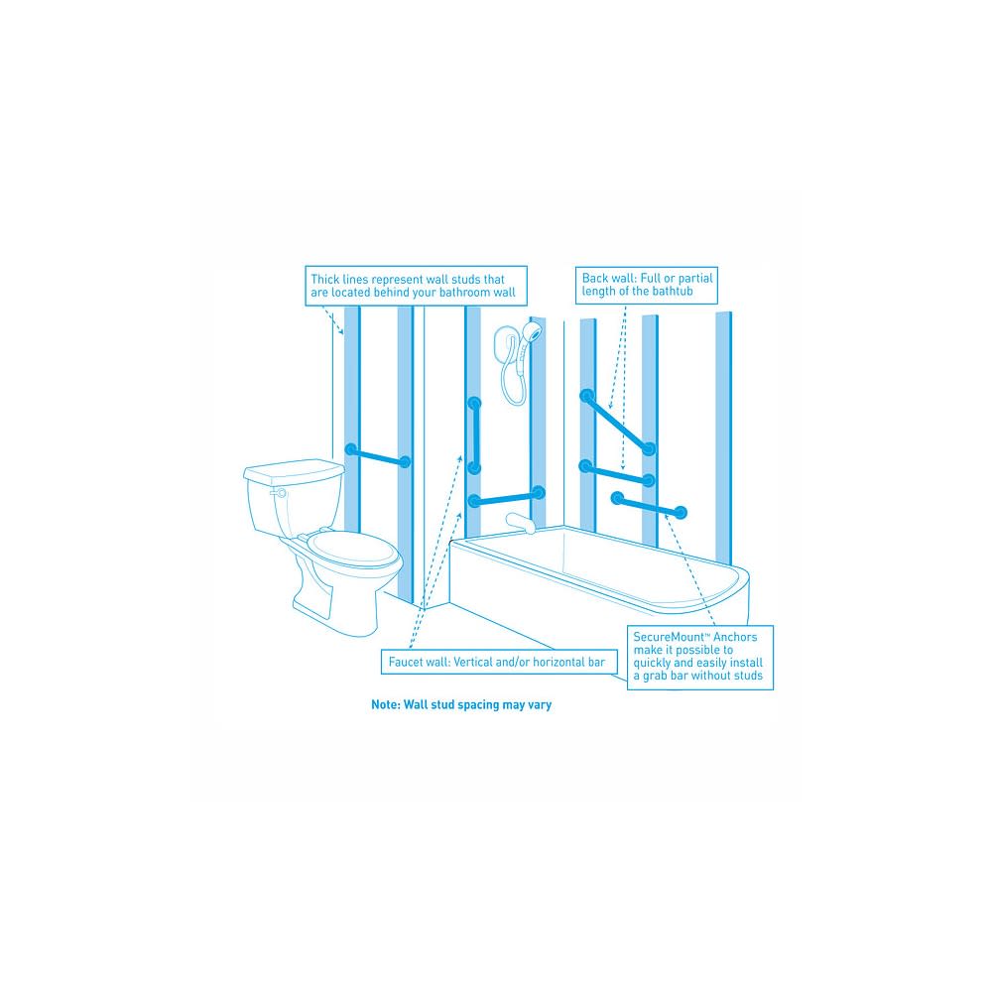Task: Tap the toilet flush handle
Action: (277, 492)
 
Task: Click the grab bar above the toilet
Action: (378, 455)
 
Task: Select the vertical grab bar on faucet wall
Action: (474, 435)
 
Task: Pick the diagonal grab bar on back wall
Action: (617, 423)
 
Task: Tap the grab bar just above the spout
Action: (506, 497)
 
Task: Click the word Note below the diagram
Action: (385, 704)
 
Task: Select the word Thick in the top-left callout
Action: (324, 279)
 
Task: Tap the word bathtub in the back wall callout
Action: (674, 291)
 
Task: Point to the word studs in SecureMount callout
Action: (748, 676)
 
